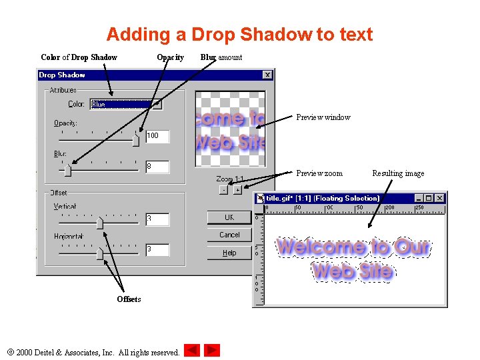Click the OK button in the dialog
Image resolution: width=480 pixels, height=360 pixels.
[x=229, y=217]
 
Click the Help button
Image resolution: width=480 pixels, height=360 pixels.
[x=229, y=253]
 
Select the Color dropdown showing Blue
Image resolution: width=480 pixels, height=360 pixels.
[x=126, y=104]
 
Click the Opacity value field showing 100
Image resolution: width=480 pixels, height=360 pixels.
[x=157, y=136]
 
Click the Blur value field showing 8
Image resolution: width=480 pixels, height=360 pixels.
[x=157, y=167]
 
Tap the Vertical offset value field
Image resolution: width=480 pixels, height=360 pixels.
[x=157, y=219]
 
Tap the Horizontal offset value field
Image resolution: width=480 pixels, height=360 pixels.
[x=157, y=249]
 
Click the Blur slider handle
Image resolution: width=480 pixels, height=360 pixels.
[x=67, y=171]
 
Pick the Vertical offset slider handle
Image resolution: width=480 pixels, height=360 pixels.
[x=99, y=223]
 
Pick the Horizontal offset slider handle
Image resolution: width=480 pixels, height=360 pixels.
[x=99, y=253]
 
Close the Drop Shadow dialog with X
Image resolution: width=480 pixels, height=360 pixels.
[x=267, y=75]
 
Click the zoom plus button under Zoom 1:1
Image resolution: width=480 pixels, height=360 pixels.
[x=237, y=190]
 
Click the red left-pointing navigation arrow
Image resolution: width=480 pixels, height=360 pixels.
[x=192, y=350]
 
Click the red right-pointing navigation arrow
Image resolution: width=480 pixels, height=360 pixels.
[x=212, y=350]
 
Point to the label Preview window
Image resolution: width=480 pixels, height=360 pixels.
[x=323, y=117]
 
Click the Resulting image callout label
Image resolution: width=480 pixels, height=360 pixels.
[x=398, y=173]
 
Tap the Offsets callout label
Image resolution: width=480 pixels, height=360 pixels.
[x=129, y=299]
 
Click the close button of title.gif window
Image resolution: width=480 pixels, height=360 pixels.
[x=440, y=198]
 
